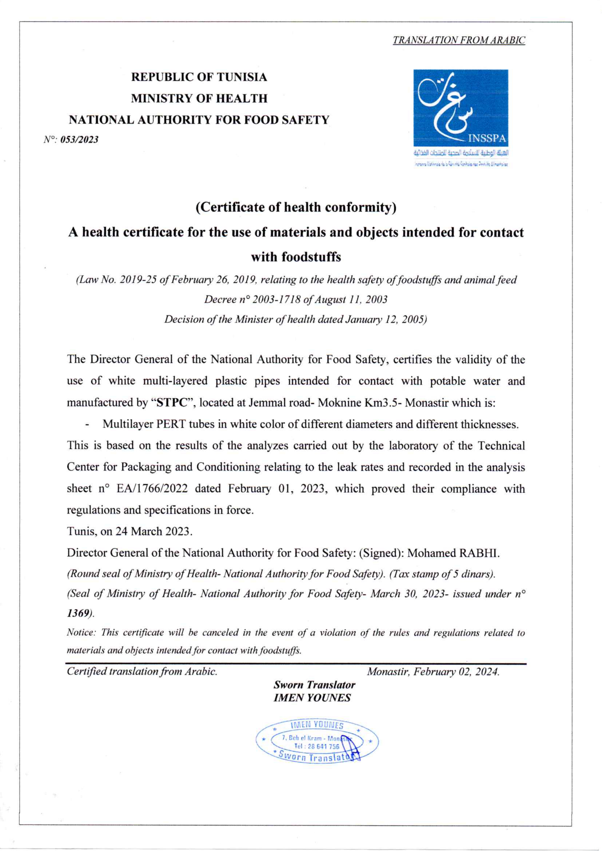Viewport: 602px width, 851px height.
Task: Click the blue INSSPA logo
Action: coord(460,108)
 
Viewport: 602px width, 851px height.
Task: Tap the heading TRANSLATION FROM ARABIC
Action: coord(459,40)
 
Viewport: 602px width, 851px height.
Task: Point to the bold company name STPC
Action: coord(171,403)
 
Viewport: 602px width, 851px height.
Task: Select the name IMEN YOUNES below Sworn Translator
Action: coord(312,698)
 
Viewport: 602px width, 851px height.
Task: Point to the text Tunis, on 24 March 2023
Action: coord(129,531)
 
